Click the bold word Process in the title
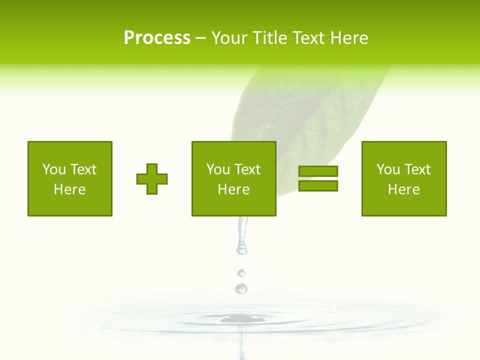coord(157,38)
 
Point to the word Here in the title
coord(348,38)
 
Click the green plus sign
coord(152,179)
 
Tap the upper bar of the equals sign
coord(318,171)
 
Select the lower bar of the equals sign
coord(318,185)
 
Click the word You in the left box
coord(54,169)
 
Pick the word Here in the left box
coord(69,189)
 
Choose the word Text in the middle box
coord(247,169)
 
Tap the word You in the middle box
coord(218,169)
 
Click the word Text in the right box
coord(417,169)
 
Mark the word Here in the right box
coord(403,189)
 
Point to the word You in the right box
coord(388,169)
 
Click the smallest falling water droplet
coord(241,273)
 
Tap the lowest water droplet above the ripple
coord(241,288)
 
